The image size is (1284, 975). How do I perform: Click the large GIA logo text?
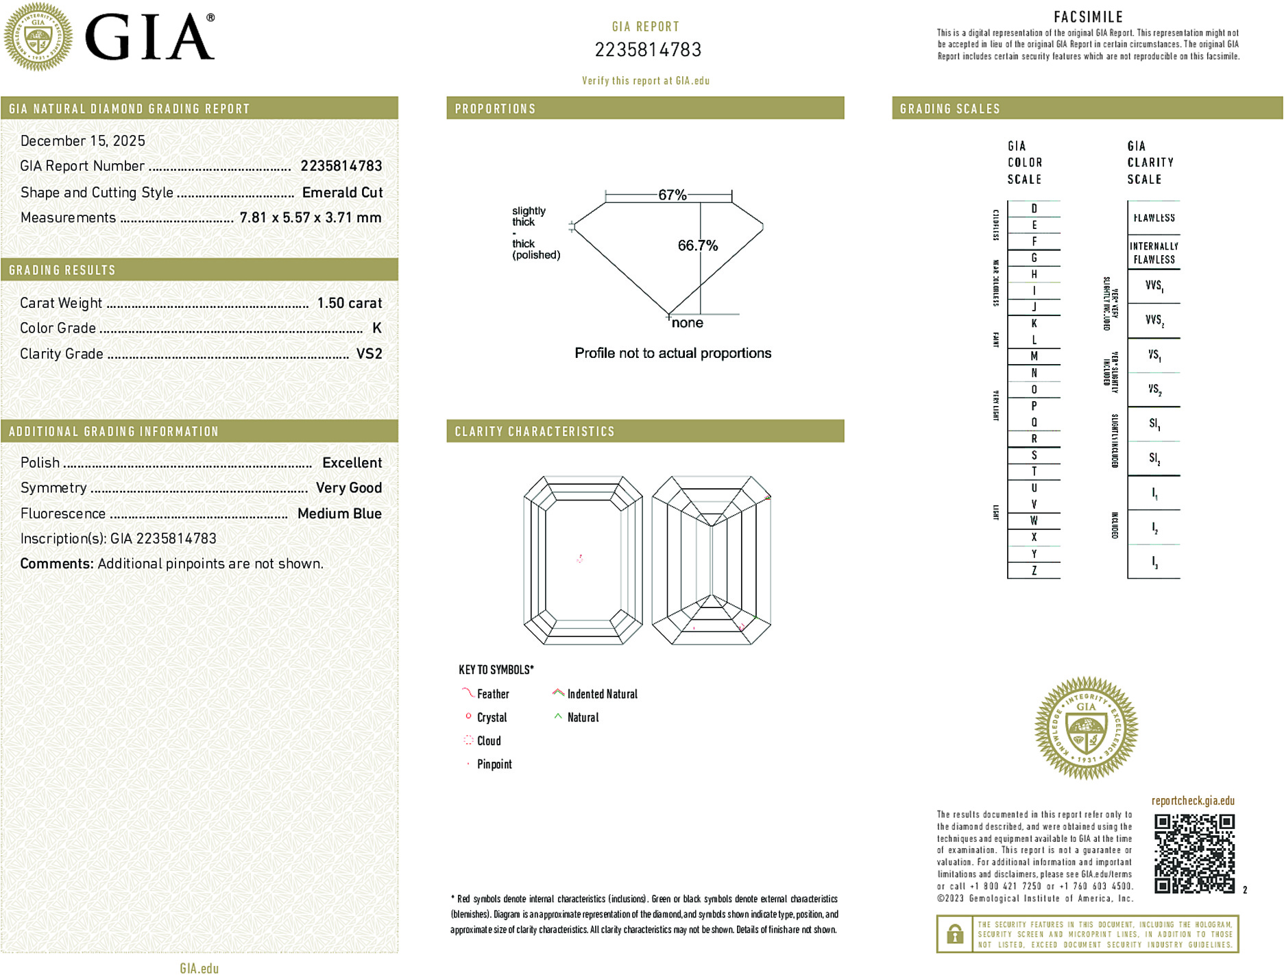click(x=149, y=38)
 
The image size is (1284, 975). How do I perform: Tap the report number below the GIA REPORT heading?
click(x=648, y=50)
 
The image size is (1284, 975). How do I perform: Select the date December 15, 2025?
click(x=83, y=141)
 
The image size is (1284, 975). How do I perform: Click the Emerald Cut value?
click(x=342, y=193)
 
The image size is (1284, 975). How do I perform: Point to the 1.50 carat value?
click(x=349, y=303)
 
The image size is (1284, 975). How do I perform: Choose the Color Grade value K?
click(x=376, y=328)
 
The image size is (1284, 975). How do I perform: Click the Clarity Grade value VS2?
click(x=369, y=354)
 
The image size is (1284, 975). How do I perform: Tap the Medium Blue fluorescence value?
click(x=339, y=514)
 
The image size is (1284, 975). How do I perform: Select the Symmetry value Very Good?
click(x=348, y=488)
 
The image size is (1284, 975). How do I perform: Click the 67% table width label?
click(x=672, y=195)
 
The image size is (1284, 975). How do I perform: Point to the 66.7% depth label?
click(x=697, y=245)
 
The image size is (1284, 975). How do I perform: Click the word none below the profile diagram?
click(x=687, y=323)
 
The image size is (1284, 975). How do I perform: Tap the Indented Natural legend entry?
click(x=602, y=694)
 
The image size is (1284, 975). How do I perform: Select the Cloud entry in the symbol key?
click(x=489, y=741)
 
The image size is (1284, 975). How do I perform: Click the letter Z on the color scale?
click(x=1034, y=570)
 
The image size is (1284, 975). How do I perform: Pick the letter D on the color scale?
click(x=1034, y=208)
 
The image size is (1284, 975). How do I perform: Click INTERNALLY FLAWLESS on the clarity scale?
click(x=1154, y=253)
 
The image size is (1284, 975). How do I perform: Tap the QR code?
click(x=1194, y=854)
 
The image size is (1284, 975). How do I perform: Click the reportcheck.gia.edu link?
click(x=1193, y=801)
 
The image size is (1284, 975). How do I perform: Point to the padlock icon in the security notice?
click(x=954, y=934)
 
